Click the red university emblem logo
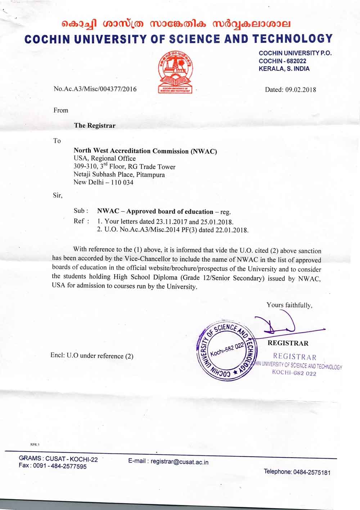(175, 72)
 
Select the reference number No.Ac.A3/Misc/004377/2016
(95, 89)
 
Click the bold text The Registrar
(95, 126)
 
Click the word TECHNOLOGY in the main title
(292, 39)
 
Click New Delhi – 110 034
(103, 182)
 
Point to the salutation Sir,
(57, 196)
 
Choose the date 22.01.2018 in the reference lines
(234, 230)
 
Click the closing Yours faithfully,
(289, 305)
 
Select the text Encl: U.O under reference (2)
(92, 356)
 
